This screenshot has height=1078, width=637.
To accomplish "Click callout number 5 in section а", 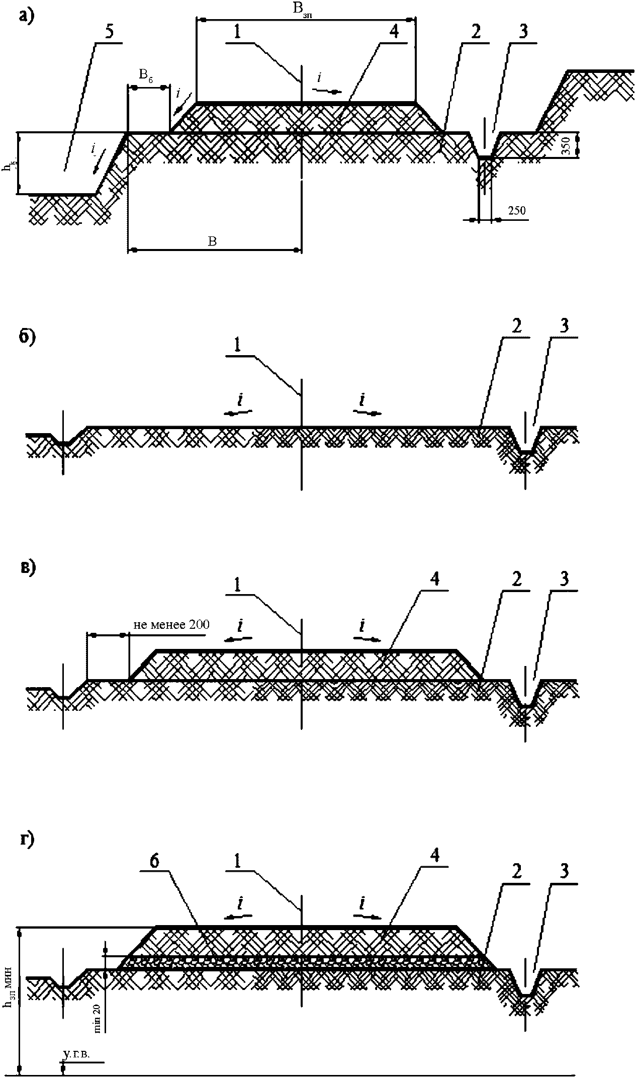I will tap(109, 32).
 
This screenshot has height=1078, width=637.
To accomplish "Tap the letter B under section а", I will tap(213, 241).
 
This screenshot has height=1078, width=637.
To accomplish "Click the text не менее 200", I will tap(171, 625).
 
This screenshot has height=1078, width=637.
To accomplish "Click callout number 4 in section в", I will tap(434, 579).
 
